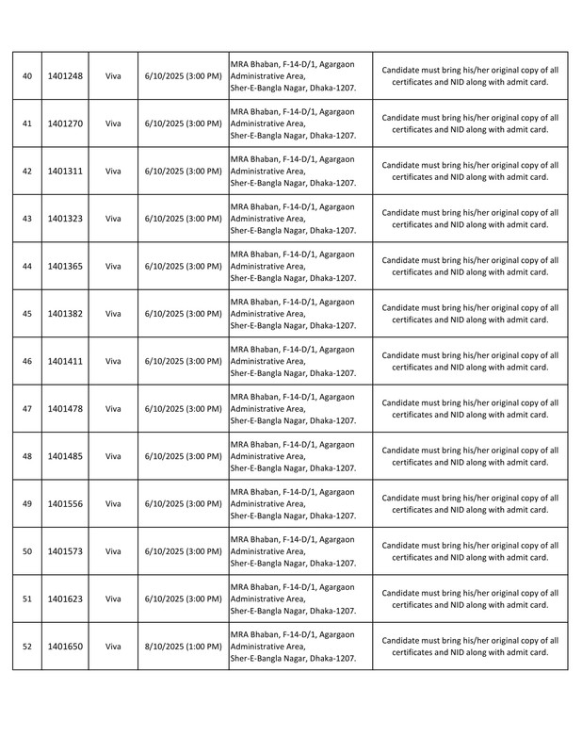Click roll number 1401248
tap(64, 76)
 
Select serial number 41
tap(26, 123)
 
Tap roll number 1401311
tap(64, 172)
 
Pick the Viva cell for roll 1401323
tap(113, 219)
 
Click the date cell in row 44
tap(183, 266)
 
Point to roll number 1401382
tap(64, 314)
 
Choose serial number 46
tap(26, 361)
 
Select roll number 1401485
tap(64, 456)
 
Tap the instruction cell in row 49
tap(470, 504)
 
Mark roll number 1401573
tap(64, 551)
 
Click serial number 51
tap(26, 598)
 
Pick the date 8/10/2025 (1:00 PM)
tap(183, 647)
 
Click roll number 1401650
tap(64, 647)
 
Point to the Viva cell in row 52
tap(113, 647)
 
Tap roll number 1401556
tap(64, 504)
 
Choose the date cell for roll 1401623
tap(183, 598)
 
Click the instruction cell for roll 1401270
tap(470, 123)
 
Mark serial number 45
tap(26, 314)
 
